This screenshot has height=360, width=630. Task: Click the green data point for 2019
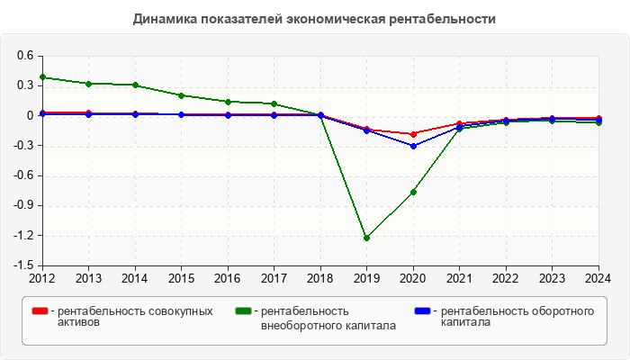pos(367,238)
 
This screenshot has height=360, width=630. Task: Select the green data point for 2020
pos(413,192)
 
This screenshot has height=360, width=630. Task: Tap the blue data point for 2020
pos(413,146)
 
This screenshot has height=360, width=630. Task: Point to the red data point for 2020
pos(413,134)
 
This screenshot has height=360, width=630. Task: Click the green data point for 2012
pos(42,77)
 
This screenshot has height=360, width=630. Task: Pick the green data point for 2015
pos(182,95)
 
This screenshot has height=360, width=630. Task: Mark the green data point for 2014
pos(135,85)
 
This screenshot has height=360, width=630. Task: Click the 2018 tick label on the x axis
pos(320,277)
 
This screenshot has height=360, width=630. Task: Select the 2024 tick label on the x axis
pos(598,277)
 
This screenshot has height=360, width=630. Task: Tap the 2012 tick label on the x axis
pos(42,277)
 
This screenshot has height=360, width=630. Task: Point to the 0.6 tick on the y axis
pos(24,56)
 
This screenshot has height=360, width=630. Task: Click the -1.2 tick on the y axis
pos(22,236)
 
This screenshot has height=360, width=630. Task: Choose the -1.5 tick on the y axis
pos(22,265)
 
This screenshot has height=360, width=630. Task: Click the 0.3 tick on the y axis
pos(24,85)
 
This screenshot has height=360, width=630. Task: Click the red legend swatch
pos(40,311)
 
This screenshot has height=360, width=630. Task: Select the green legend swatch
pos(243,311)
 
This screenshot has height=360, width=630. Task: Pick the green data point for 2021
pos(460,129)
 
